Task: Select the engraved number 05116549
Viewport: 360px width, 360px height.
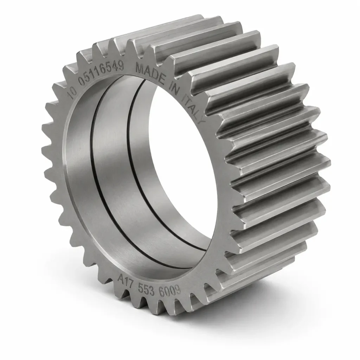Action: [x=101, y=71]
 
